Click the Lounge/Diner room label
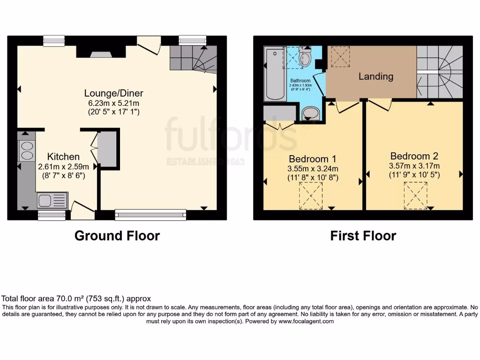pyautogui.click(x=114, y=93)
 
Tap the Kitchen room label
pyautogui.click(x=63, y=157)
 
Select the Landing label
pyautogui.click(x=375, y=76)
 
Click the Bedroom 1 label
pyautogui.click(x=312, y=158)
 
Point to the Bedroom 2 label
pyautogui.click(x=414, y=156)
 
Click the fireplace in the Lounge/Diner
pyautogui.click(x=101, y=53)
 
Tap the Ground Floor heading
pyautogui.click(x=117, y=236)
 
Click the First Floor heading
pyautogui.click(x=363, y=236)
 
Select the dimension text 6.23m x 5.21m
pyautogui.click(x=114, y=103)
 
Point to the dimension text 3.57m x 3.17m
pyautogui.click(x=414, y=166)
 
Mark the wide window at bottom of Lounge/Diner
pyautogui.click(x=150, y=215)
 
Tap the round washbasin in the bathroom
pyautogui.click(x=310, y=113)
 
